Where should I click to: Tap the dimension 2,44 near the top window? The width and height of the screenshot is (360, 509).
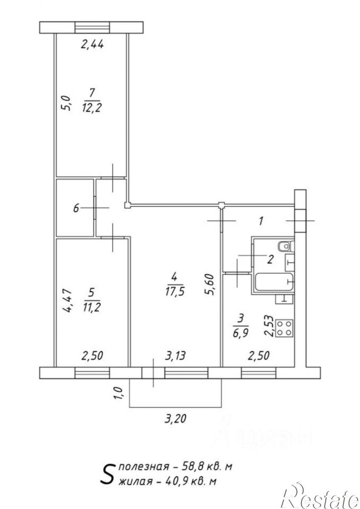click(92, 44)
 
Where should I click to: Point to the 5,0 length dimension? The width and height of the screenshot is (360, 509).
click(66, 103)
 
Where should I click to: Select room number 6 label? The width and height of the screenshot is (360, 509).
click(76, 208)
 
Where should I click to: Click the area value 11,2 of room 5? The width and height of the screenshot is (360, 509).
click(91, 307)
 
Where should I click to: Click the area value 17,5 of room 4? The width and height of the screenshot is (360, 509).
click(174, 291)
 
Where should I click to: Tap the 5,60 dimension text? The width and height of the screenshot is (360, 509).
click(210, 285)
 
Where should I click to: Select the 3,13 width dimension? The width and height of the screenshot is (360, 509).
click(175, 356)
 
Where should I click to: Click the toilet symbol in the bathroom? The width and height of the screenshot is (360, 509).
click(286, 247)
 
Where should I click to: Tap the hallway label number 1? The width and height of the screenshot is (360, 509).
click(261, 222)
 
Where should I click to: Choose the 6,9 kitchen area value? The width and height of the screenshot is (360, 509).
click(240, 333)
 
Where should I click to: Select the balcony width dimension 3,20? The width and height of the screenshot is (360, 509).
click(175, 419)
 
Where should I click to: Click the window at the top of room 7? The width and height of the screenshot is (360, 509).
click(92, 27)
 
